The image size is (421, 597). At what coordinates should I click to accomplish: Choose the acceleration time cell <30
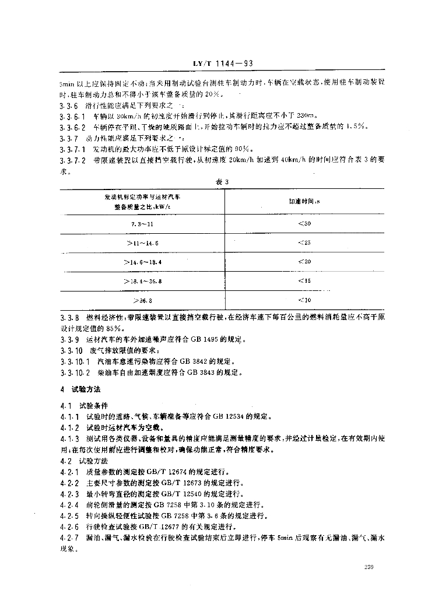pyautogui.click(x=304, y=223)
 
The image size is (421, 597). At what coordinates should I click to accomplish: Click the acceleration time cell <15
pyautogui.click(x=304, y=281)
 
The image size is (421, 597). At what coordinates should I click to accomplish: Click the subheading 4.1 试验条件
pyautogui.click(x=89, y=405)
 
